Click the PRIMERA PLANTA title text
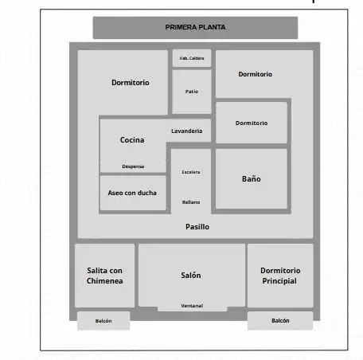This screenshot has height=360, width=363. coord(195,27)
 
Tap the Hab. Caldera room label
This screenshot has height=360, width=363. coord(192,58)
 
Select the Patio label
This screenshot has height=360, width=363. coord(192,92)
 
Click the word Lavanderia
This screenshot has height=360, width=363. coord(187,131)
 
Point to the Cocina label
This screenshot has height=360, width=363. coord(132,139)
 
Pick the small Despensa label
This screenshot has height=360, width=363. coord(133,166)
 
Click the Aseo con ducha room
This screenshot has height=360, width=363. coord(132,193)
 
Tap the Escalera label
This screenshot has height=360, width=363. coord(191,172)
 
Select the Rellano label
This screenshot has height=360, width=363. coord(191,202)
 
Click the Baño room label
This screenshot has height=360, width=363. coord(252,178)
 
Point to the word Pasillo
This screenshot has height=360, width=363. coord(197,227)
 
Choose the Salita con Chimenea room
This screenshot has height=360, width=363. coord(104,276)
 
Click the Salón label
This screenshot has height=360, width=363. coord(191,275)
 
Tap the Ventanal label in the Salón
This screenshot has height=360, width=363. coord(192,306)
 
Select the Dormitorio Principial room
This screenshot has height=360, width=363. coord(280,276)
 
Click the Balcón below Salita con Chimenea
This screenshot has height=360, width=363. coord(103,321)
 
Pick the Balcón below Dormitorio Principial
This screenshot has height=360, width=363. coord(280,320)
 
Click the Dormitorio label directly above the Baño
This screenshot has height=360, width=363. coord(252,123)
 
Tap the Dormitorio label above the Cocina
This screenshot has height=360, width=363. coord(131,83)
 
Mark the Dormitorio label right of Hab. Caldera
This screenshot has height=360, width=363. coord(256,74)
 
